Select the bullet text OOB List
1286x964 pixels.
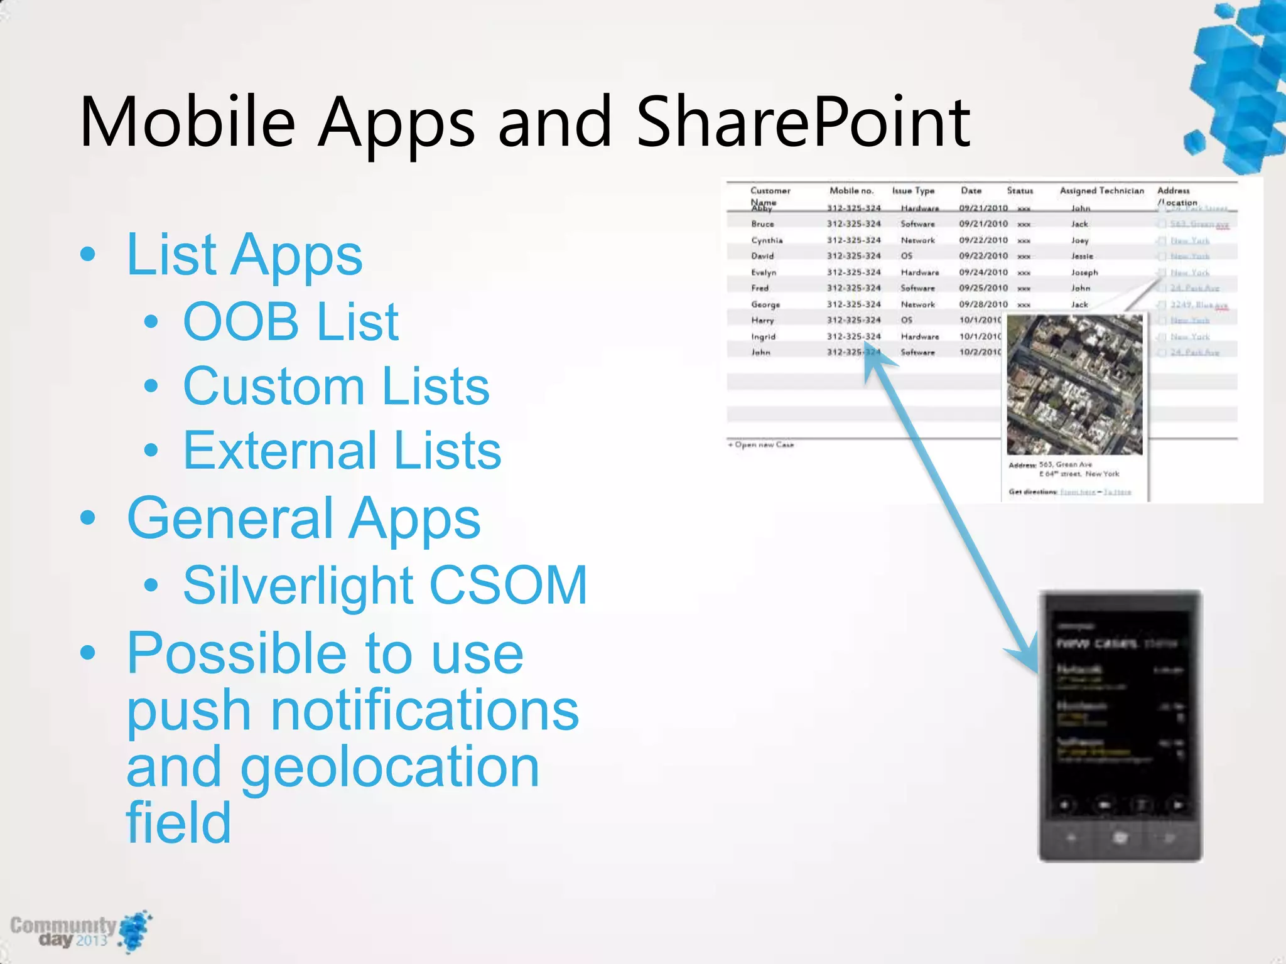[291, 322]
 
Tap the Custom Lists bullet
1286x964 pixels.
[336, 387]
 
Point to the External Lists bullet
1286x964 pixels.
[342, 450]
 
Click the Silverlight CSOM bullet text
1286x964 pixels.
[385, 585]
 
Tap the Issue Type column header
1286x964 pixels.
[913, 191]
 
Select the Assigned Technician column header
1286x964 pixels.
[1101, 191]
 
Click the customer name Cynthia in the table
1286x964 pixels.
[767, 240]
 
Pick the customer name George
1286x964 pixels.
[765, 304]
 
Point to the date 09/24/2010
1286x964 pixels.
[983, 272]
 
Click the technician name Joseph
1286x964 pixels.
[1084, 272]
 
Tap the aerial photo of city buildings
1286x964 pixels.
[1074, 385]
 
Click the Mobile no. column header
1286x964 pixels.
[851, 191]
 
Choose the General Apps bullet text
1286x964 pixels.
[303, 519]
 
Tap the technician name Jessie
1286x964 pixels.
[1082, 256]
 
